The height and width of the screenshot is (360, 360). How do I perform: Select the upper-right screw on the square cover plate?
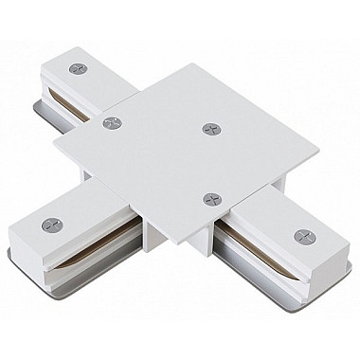[207, 126]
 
